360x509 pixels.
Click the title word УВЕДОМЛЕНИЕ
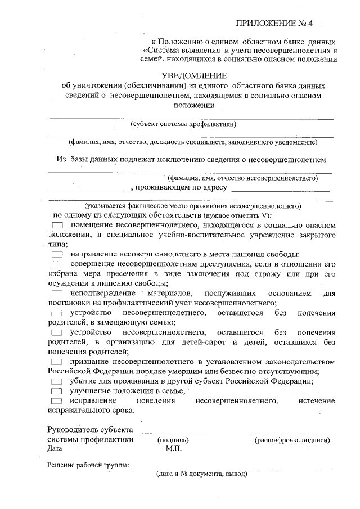click(x=193, y=75)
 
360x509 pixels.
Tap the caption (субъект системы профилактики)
click(x=183, y=124)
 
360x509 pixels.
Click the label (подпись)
click(x=173, y=440)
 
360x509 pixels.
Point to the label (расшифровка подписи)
click(x=292, y=440)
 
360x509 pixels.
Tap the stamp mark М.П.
click(x=173, y=449)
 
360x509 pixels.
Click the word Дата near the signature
click(x=56, y=449)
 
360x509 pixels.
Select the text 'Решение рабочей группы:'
click(x=88, y=465)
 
